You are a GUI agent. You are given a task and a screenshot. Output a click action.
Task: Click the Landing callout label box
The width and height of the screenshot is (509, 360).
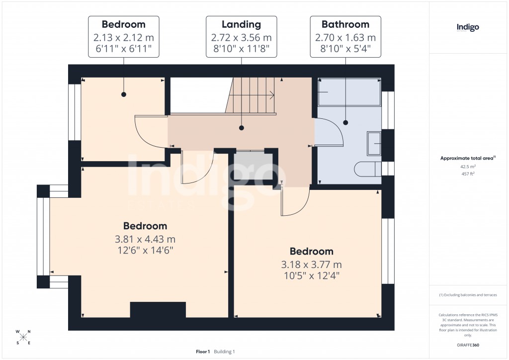pyautogui.click(x=242, y=36)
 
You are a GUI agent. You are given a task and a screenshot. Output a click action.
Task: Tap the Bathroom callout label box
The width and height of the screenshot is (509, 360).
pyautogui.click(x=345, y=36)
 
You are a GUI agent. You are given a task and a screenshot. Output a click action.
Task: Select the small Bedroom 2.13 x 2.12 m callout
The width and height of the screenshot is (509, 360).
pyautogui.click(x=123, y=36)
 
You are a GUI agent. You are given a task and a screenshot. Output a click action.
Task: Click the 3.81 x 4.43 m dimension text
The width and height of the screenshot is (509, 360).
pyautogui.click(x=145, y=239)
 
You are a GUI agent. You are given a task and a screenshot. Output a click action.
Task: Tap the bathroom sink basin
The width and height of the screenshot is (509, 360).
pyautogui.click(x=373, y=143)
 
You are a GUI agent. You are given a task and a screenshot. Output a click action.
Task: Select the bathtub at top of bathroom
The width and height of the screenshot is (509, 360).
pyautogui.click(x=349, y=92)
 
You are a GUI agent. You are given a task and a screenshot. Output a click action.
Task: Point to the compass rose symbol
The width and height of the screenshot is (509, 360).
pyautogui.click(x=24, y=337)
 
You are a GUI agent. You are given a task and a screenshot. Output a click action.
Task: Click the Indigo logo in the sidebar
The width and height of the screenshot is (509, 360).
pyautogui.click(x=468, y=28)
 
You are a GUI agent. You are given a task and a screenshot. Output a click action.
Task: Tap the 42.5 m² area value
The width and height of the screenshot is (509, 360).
pyautogui.click(x=468, y=167)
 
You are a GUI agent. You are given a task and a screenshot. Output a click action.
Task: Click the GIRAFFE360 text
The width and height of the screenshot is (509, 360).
pyautogui.click(x=468, y=345)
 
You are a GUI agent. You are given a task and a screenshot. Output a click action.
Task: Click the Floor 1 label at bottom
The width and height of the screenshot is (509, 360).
pyautogui.click(x=203, y=352)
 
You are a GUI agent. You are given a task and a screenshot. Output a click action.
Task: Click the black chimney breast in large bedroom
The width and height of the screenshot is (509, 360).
pyautogui.click(x=158, y=309)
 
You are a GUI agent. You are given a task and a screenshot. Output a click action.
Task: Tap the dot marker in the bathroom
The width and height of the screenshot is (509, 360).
pyautogui.click(x=345, y=122)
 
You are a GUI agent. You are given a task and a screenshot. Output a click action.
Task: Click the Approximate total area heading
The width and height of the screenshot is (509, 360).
pyautogui.click(x=467, y=158)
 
